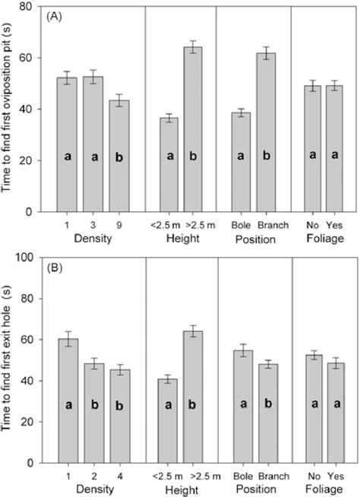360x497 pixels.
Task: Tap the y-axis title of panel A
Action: pos(11,110)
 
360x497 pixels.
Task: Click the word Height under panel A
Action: pos(181,239)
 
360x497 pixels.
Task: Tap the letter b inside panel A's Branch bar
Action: pos(266,158)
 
